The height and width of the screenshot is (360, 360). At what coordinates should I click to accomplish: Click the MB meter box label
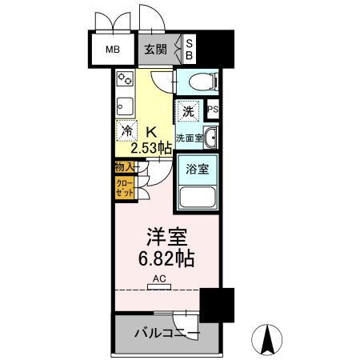point(113,49)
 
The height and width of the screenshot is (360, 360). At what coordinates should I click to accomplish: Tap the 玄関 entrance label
point(156,49)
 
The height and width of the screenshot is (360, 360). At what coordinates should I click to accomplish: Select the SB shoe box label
point(190,48)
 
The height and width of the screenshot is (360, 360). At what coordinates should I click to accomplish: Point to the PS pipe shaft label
point(213,110)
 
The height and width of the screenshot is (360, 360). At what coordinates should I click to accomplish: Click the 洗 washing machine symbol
point(186,113)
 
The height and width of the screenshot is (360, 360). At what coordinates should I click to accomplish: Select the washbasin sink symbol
point(210,138)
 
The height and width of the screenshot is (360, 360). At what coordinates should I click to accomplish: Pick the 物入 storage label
point(123,167)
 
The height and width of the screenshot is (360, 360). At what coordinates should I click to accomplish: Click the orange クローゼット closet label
point(124,189)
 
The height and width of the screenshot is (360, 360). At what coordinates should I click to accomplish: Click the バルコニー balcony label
point(166,332)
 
